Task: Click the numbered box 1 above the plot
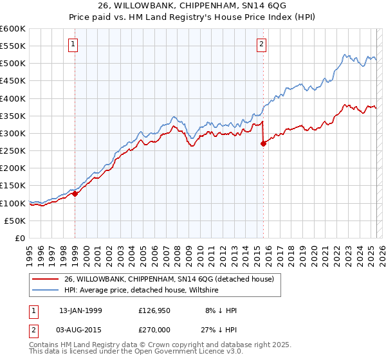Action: click(74, 44)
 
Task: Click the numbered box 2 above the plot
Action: click(262, 44)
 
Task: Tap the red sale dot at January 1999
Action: click(75, 194)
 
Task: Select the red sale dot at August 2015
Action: click(263, 144)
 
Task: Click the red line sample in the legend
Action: click(46, 279)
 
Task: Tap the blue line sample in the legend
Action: click(46, 290)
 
